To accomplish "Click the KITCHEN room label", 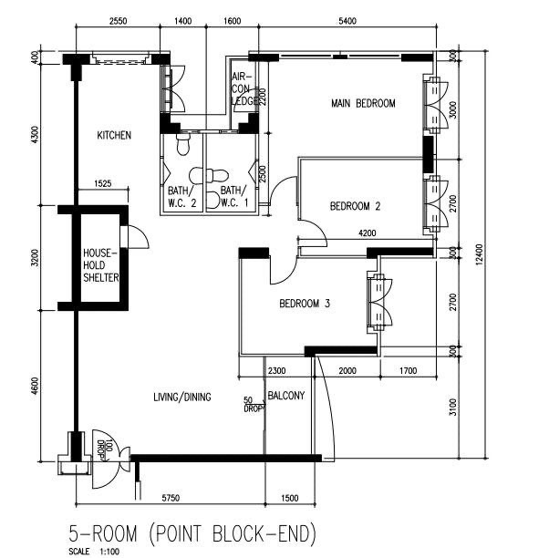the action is (114, 135).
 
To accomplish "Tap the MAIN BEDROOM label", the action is (363, 104).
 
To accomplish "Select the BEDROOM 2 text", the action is (355, 206).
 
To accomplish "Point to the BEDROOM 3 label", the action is (305, 304).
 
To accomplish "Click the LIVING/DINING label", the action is (181, 397).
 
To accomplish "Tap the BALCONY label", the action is (285, 396).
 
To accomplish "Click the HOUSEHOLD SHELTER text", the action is (100, 265).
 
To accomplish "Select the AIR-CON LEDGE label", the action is (244, 88).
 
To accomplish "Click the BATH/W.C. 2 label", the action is (181, 197).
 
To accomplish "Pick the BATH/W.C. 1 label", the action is (233, 197).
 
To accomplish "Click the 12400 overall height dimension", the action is (479, 254).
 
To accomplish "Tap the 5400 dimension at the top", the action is (347, 21).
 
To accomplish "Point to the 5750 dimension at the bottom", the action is (171, 498).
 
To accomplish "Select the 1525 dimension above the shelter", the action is (103, 183).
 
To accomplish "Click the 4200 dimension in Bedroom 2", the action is (368, 233).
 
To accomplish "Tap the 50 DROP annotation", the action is (254, 405).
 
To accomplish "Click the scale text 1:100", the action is (109, 552).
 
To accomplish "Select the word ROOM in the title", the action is (115, 533).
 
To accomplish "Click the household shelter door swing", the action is (141, 235).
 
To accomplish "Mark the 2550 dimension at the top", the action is (118, 21).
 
